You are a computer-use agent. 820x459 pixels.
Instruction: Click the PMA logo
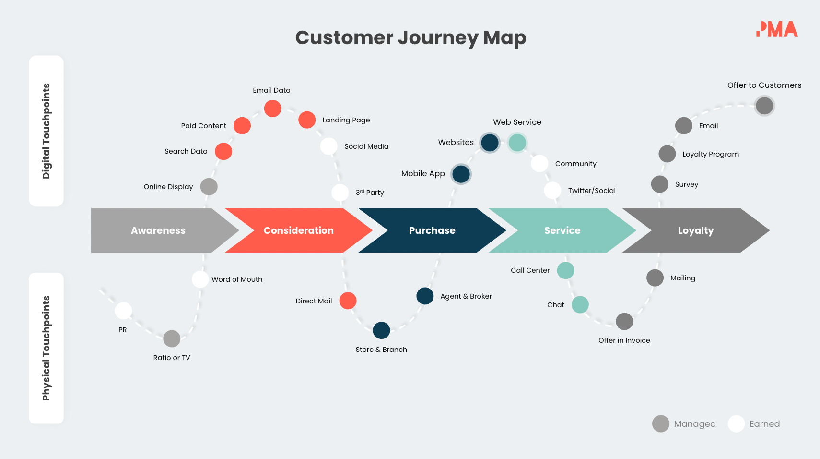[777, 29]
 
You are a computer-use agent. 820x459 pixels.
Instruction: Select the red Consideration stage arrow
[298, 230]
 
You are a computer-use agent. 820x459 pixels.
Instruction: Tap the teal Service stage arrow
[562, 230]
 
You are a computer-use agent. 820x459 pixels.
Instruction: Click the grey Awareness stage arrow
[158, 230]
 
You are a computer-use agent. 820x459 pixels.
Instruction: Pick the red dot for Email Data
[272, 109]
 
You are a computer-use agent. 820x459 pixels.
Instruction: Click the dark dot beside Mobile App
[461, 174]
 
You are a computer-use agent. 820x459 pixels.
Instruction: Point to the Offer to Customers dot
[764, 106]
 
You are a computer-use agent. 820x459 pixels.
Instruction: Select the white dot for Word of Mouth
[200, 279]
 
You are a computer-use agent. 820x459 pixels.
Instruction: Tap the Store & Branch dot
[381, 330]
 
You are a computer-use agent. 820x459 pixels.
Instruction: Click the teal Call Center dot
[565, 270]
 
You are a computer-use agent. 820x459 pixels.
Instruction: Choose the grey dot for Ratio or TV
[172, 338]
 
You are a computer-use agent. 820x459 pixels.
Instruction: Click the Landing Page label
[346, 120]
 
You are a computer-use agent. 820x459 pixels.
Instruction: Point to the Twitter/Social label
[592, 191]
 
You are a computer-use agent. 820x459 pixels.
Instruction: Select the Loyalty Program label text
[710, 154]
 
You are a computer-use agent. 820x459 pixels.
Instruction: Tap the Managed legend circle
[660, 423]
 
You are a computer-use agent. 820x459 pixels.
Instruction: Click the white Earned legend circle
[736, 423]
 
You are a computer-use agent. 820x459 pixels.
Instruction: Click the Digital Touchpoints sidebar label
[46, 131]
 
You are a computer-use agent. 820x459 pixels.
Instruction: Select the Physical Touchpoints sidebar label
[46, 348]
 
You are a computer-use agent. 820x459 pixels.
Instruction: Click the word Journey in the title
[438, 38]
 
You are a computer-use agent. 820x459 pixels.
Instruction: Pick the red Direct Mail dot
[348, 301]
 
